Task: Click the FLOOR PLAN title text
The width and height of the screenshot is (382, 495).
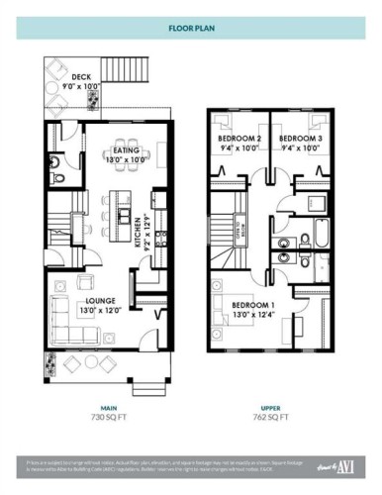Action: point(191,28)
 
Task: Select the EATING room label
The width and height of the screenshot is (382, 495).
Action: point(127,148)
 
